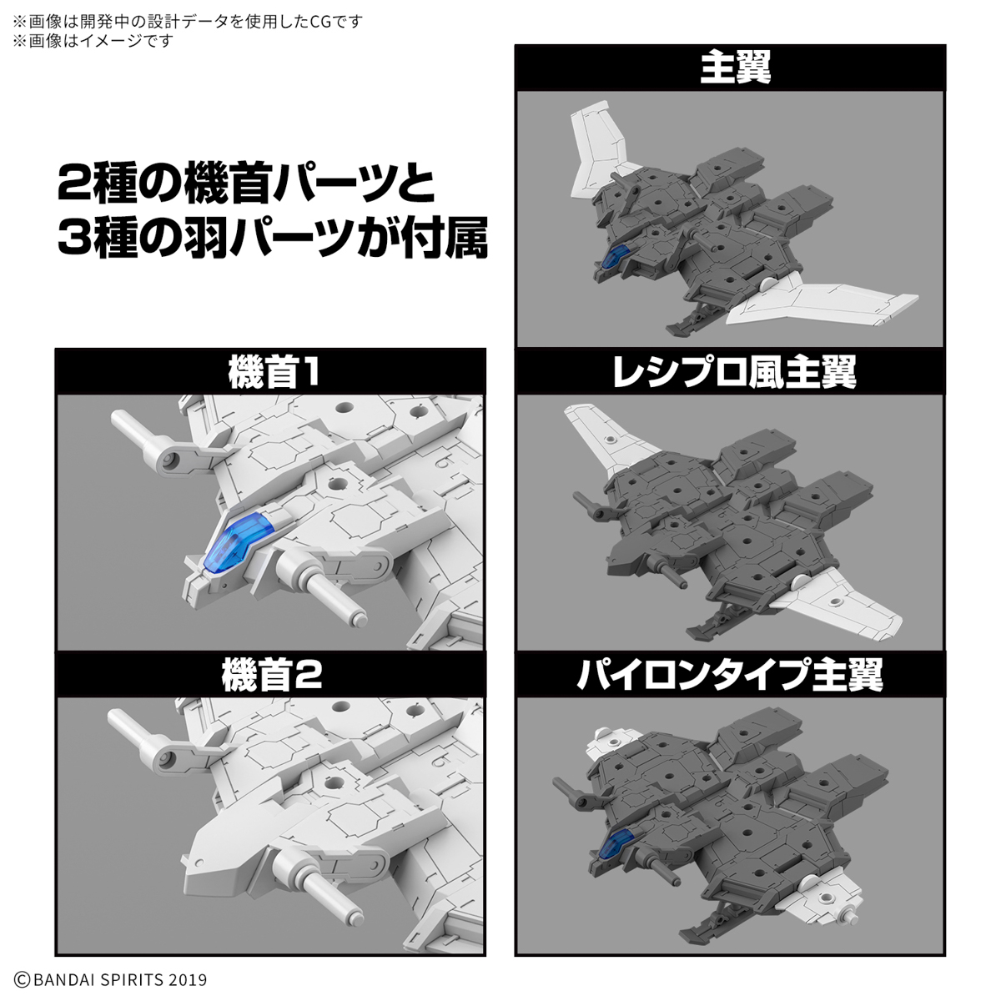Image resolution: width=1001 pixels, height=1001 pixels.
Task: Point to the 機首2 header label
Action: [x=271, y=676]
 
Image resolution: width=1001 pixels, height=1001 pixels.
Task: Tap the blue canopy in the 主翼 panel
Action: [x=615, y=260]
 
